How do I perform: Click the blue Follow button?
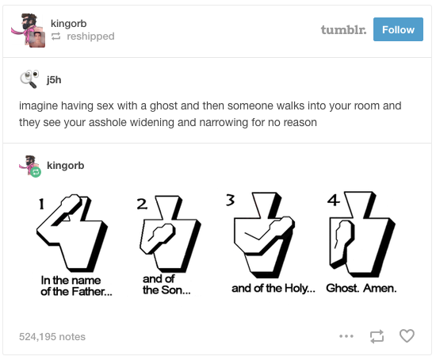[398, 29]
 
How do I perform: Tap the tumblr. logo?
[343, 29]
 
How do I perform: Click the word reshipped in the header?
[90, 36]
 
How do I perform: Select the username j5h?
[54, 80]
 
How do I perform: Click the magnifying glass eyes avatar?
[29, 79]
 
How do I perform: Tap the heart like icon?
[407, 335]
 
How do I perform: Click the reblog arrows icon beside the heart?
[377, 336]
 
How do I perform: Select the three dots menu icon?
[346, 336]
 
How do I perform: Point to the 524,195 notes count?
[52, 337]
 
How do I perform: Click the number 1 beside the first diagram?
[41, 204]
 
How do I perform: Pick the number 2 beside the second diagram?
[142, 205]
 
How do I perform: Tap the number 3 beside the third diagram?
[230, 200]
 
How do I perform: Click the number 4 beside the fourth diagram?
[334, 200]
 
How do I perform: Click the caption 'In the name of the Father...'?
[76, 285]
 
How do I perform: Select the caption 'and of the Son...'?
[166, 285]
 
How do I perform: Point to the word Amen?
[380, 288]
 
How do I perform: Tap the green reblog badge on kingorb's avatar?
[36, 173]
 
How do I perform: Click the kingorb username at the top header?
[69, 23]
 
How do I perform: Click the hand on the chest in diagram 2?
[161, 233]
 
